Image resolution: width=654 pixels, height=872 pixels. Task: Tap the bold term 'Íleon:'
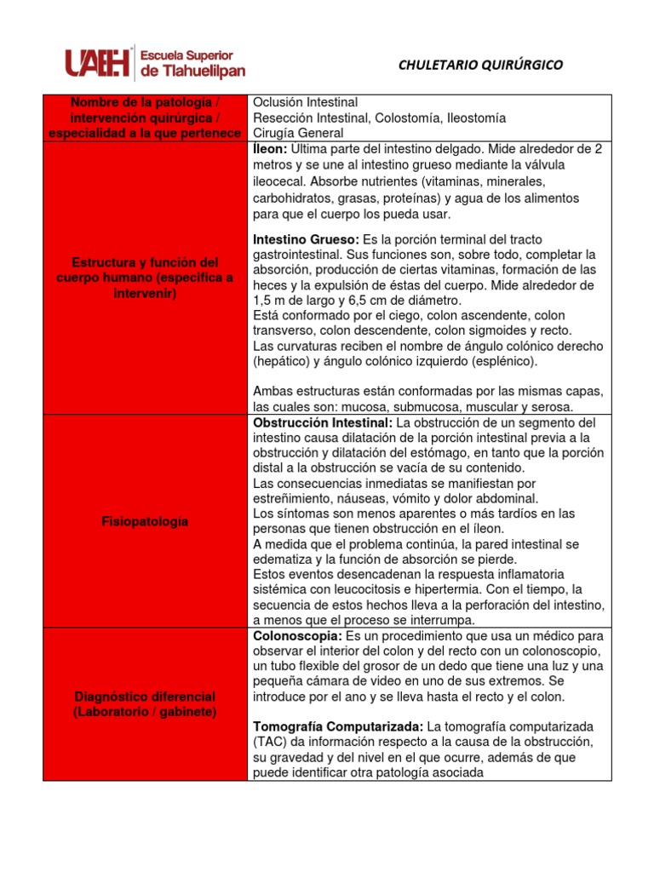pos(270,149)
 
